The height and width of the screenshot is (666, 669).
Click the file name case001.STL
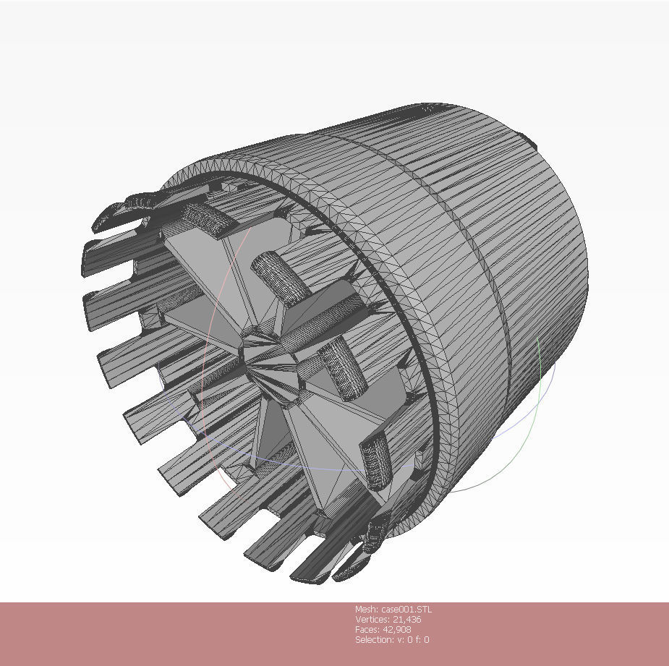point(407,609)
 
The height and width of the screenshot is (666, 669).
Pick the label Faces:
point(368,629)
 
